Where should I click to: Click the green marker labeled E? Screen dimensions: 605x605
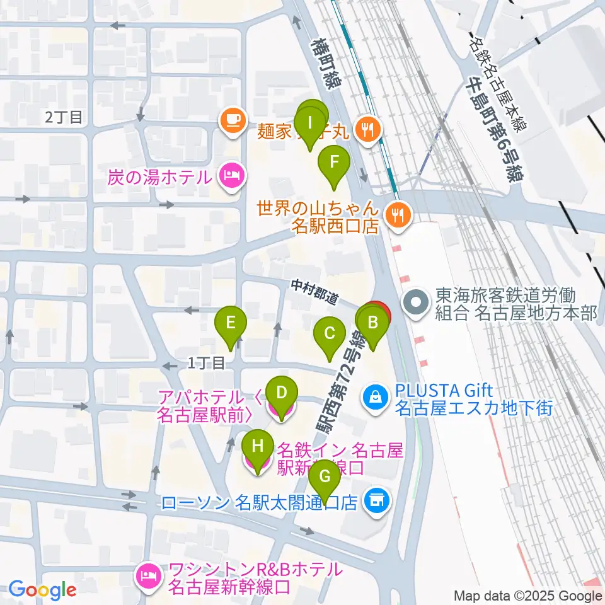point(231,324)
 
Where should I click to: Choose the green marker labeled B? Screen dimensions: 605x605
point(372,324)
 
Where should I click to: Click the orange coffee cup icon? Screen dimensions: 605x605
point(232,120)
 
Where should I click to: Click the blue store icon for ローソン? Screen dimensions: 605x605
point(377,502)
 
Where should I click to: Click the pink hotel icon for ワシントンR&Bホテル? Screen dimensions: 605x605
point(149,578)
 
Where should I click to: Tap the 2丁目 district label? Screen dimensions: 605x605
point(64,117)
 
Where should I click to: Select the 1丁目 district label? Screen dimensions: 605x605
point(206,362)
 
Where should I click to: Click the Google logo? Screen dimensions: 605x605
point(42,590)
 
